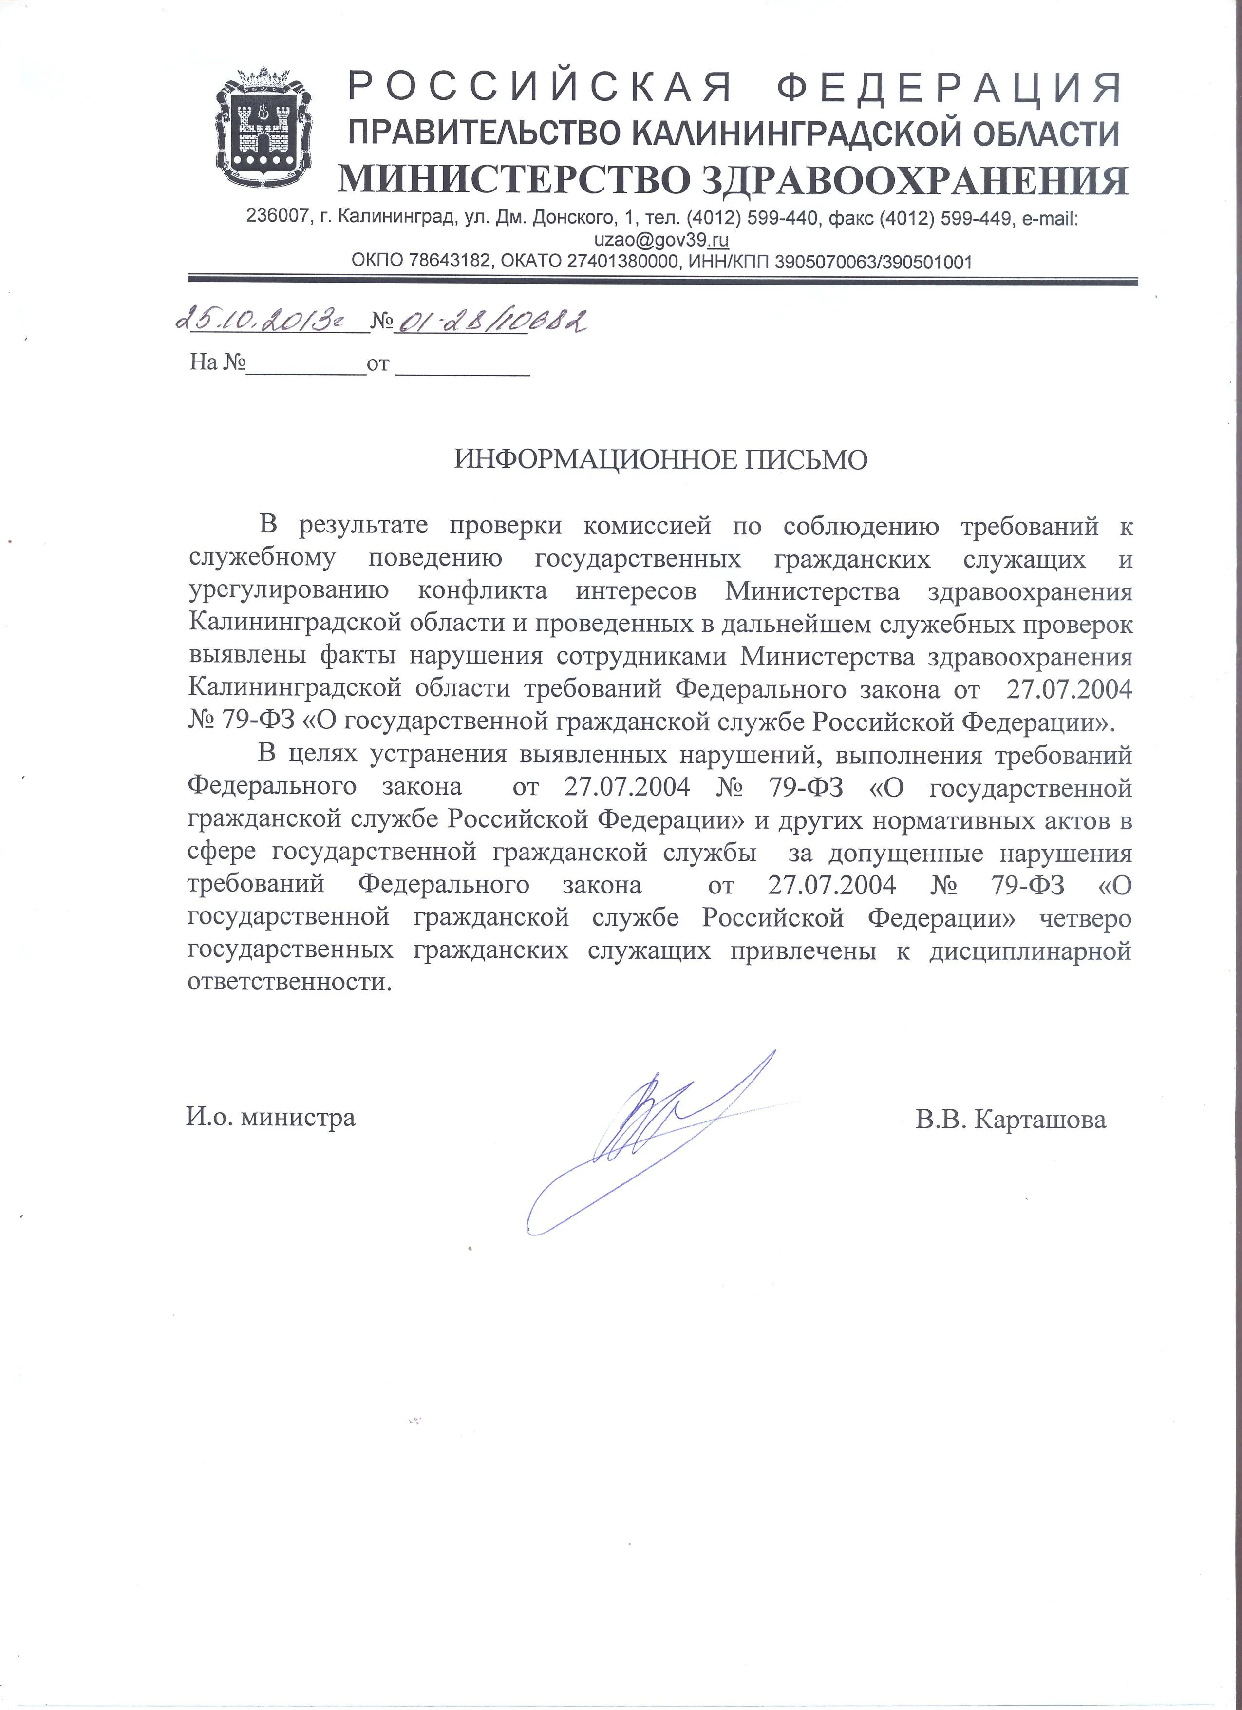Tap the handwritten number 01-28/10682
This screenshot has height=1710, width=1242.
pyautogui.click(x=491, y=322)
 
